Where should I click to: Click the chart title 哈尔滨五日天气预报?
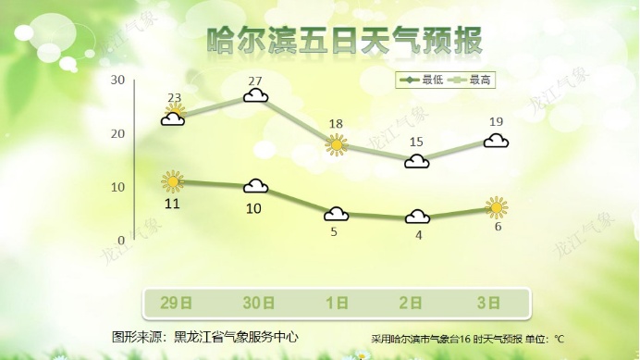[x=343, y=42]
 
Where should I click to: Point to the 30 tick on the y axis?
[x=117, y=81]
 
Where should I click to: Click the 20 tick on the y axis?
[x=117, y=134]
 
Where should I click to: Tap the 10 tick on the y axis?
[x=117, y=188]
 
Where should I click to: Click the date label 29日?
[x=176, y=302]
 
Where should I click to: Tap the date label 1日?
[x=337, y=302]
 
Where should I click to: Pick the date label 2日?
[x=417, y=302]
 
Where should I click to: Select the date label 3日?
[x=497, y=302]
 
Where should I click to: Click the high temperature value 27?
[x=256, y=81]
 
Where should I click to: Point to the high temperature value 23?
[x=175, y=98]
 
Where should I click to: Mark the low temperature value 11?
[x=172, y=202]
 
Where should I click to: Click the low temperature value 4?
[x=418, y=235]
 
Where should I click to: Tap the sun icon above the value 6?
[x=497, y=207]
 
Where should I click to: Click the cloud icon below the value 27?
[x=256, y=95]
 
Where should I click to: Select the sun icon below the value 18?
[x=337, y=144]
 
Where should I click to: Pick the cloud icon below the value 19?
[x=497, y=141]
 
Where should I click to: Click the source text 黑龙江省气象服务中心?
[x=236, y=336]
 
